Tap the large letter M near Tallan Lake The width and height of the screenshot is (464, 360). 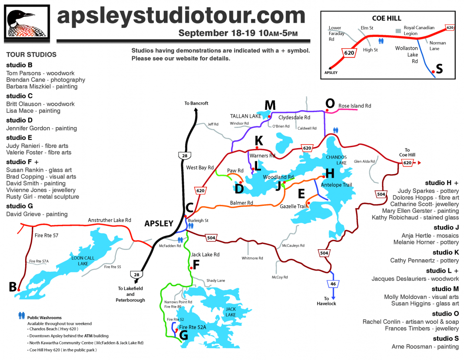point(270,106)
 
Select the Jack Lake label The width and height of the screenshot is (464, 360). point(230,312)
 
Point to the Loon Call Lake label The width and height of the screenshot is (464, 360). point(83,261)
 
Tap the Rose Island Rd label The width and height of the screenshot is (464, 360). point(355,106)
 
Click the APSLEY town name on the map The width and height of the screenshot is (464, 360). point(159,224)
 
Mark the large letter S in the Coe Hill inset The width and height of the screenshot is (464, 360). point(439,69)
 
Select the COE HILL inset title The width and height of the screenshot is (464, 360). point(386,18)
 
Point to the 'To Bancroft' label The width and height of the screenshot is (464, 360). point(196,103)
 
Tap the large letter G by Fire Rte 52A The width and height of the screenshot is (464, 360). point(183,334)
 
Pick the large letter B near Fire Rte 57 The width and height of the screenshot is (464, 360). point(13,286)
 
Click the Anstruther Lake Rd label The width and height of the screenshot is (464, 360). point(109,220)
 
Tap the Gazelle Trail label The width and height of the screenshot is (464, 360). point(293,206)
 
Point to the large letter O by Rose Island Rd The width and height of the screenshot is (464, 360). point(330,103)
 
